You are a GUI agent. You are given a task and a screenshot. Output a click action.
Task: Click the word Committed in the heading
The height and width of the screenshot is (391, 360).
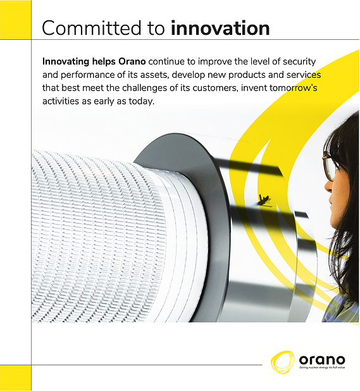pyautogui.click(x=92, y=28)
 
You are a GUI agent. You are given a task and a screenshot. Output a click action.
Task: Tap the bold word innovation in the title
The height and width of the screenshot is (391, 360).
pyautogui.click(x=220, y=28)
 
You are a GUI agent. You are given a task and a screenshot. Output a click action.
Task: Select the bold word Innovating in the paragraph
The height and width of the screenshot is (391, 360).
pyautogui.click(x=66, y=62)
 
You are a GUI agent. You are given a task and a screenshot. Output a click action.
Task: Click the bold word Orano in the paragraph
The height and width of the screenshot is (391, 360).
pyautogui.click(x=132, y=61)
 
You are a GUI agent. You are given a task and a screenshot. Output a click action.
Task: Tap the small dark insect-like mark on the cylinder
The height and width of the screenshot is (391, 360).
pyautogui.click(x=264, y=200)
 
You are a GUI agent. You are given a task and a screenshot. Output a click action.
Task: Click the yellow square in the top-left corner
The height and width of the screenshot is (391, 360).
pyautogui.click(x=15, y=20)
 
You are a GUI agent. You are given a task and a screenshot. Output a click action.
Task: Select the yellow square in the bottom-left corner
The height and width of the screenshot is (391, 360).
pyautogui.click(x=15, y=378)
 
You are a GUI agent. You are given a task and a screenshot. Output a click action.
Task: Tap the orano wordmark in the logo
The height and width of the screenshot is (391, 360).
pyautogui.click(x=322, y=360)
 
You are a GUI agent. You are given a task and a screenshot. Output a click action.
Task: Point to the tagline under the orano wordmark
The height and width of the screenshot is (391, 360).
pyautogui.click(x=322, y=368)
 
